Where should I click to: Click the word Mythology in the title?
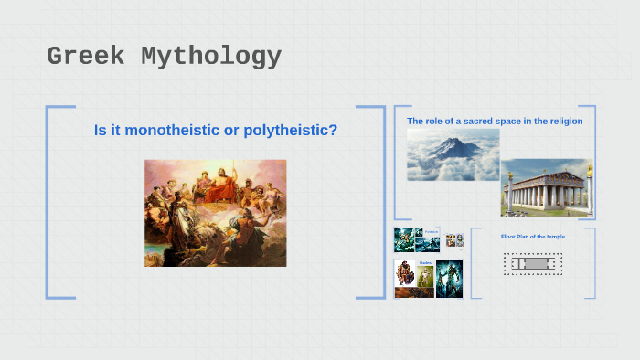point(211,57)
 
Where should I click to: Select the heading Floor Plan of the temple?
point(532,237)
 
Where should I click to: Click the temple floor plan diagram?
point(532,264)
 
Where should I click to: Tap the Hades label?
point(425,263)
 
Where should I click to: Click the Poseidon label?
point(430,232)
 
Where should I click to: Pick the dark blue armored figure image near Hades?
point(449,278)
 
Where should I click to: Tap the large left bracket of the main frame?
point(48,202)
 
